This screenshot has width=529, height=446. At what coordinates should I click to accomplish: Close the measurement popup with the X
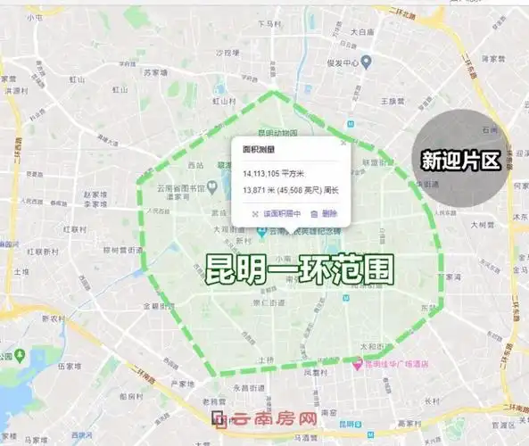pyautogui.click(x=342, y=141)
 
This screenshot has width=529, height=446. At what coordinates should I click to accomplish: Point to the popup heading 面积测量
pyautogui.click(x=259, y=150)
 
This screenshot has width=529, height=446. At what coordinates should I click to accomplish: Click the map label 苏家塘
pyautogui.click(x=157, y=73)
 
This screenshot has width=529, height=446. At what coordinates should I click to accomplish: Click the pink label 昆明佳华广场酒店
pyautogui.click(x=397, y=364)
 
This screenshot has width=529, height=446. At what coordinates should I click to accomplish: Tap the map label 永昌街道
pyautogui.click(x=246, y=388)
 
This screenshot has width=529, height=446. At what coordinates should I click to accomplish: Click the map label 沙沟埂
pyautogui.click(x=229, y=53)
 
